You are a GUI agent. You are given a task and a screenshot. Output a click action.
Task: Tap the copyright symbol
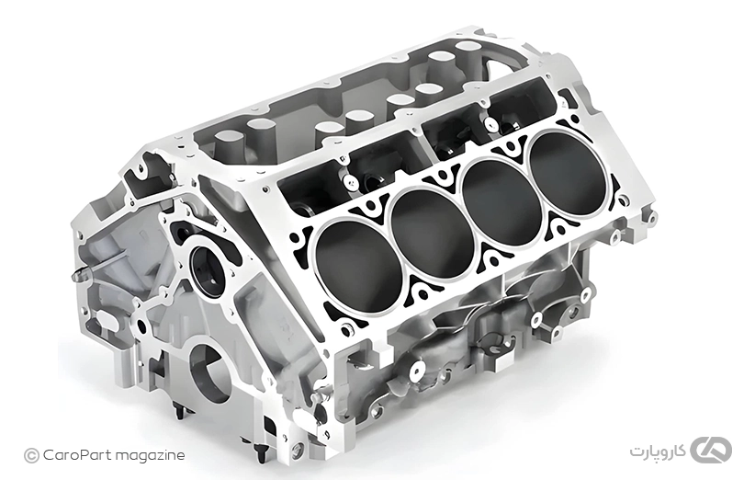click(x=31, y=455)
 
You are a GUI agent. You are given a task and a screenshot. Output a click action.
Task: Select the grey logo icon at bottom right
click(x=711, y=451)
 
